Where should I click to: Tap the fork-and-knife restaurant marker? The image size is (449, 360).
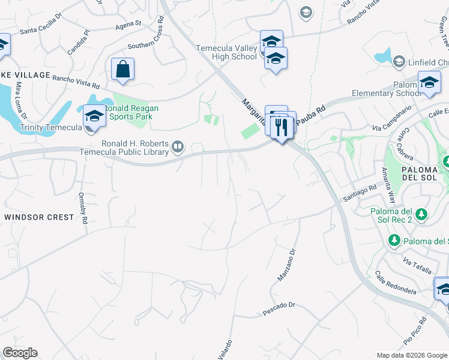click(282, 126)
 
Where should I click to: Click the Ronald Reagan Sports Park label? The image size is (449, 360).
click(131, 112)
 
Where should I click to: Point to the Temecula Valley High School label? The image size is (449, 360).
click(226, 52)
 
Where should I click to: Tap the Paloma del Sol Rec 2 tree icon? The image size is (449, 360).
click(421, 214)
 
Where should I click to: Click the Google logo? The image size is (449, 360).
click(20, 353)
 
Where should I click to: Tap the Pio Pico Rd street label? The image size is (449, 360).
click(415, 330)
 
